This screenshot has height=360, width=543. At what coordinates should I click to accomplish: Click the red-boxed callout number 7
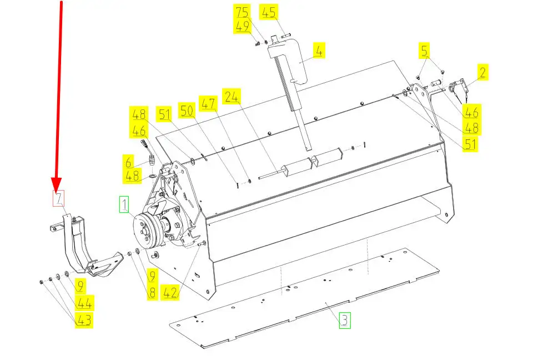tap(58, 198)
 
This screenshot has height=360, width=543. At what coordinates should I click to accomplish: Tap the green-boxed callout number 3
tap(345, 320)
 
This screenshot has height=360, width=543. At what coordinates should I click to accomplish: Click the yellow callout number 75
tap(243, 12)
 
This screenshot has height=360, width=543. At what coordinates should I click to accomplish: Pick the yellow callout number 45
tap(268, 12)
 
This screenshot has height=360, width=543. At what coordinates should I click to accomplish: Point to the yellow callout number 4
tap(319, 51)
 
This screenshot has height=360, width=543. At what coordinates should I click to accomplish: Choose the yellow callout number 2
tap(482, 72)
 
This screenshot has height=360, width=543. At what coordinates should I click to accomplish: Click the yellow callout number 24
tap(232, 96)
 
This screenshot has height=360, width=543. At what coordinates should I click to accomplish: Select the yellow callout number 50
tap(187, 111)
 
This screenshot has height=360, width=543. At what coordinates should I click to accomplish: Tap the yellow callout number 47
tap(208, 103)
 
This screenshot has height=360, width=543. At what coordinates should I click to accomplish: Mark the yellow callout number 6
tap(128, 162)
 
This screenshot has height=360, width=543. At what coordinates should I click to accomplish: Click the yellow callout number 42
tap(170, 293)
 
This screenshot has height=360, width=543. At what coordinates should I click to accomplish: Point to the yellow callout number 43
tap(84, 320)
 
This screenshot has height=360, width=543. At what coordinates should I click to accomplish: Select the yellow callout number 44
tap(84, 303)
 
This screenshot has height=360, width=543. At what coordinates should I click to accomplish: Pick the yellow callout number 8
tap(152, 293)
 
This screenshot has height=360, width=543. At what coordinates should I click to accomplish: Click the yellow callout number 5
tap(424, 50)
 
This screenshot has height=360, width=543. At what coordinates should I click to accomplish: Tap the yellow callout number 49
tap(243, 26)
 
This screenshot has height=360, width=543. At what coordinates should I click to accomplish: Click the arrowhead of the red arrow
tap(56, 184)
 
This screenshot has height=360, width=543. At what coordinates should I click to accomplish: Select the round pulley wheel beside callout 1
tap(145, 229)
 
